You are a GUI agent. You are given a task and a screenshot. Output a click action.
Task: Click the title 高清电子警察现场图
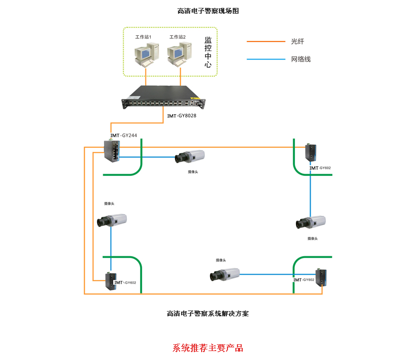tap(208, 11)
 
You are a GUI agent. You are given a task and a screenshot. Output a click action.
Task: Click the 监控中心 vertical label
tap(208, 53)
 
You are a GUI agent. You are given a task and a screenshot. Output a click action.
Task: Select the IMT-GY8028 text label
tap(181, 116)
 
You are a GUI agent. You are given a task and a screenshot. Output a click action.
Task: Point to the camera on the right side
tap(311, 223)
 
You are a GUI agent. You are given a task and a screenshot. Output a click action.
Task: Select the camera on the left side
tap(111, 221)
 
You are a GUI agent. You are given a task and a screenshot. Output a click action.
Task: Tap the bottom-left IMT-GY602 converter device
tap(111, 281)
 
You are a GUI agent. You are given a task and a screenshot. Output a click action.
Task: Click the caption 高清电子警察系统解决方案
tap(207, 313)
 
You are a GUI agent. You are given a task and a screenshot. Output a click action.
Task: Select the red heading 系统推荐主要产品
tap(207, 348)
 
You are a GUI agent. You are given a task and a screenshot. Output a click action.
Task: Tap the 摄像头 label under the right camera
tap(313, 238)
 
